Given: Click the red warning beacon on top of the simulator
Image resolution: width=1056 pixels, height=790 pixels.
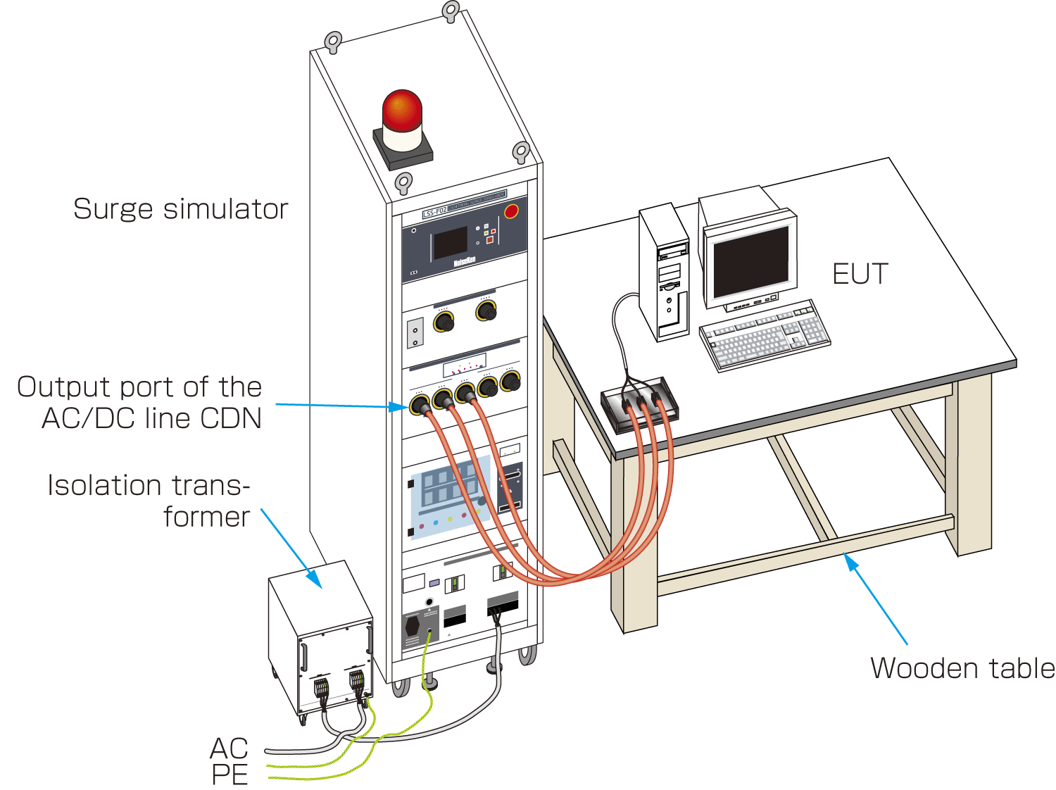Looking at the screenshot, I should click(402, 113).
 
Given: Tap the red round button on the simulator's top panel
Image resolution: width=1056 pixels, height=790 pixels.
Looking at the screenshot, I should click(512, 211).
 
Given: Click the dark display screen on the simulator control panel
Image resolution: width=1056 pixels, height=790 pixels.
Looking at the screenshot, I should click(450, 243).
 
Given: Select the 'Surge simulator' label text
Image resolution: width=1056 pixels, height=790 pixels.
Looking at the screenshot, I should click(181, 209).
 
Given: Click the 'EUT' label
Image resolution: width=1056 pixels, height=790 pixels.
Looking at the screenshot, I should click(860, 274).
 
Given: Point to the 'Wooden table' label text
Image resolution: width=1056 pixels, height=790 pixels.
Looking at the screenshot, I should click(962, 668).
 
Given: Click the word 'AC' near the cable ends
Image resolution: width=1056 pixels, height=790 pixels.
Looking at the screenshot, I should click(230, 748).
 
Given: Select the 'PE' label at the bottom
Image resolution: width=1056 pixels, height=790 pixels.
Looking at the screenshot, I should click(230, 775).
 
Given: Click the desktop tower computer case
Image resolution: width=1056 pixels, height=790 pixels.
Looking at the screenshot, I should click(663, 275).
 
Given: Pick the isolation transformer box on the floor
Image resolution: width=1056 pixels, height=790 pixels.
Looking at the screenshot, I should click(320, 637).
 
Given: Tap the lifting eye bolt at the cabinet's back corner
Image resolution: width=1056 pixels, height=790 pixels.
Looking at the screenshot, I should click(451, 11).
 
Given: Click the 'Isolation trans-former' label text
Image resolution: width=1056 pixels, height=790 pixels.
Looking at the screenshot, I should click(149, 501).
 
